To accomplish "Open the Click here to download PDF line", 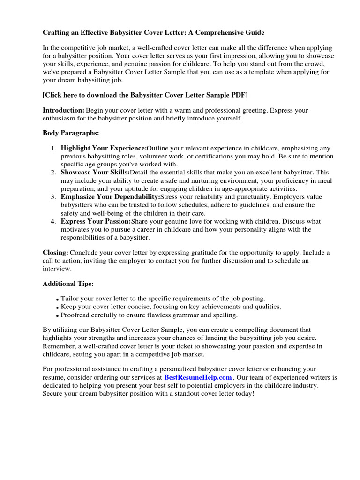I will tap(145, 95).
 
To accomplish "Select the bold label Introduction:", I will tap(63, 110).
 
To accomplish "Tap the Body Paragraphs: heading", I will tap(71, 133).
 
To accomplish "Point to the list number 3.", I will tap(53, 197).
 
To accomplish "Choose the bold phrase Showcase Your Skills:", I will tap(95, 172).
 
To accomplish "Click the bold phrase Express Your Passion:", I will tap(96, 221).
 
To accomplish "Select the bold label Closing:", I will tap(55, 253).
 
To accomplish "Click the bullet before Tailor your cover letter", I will tap(57, 299).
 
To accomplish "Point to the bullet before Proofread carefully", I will tap(57, 315).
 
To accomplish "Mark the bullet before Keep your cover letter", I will tap(57, 307).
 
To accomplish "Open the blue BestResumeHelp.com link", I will tap(198, 377).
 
